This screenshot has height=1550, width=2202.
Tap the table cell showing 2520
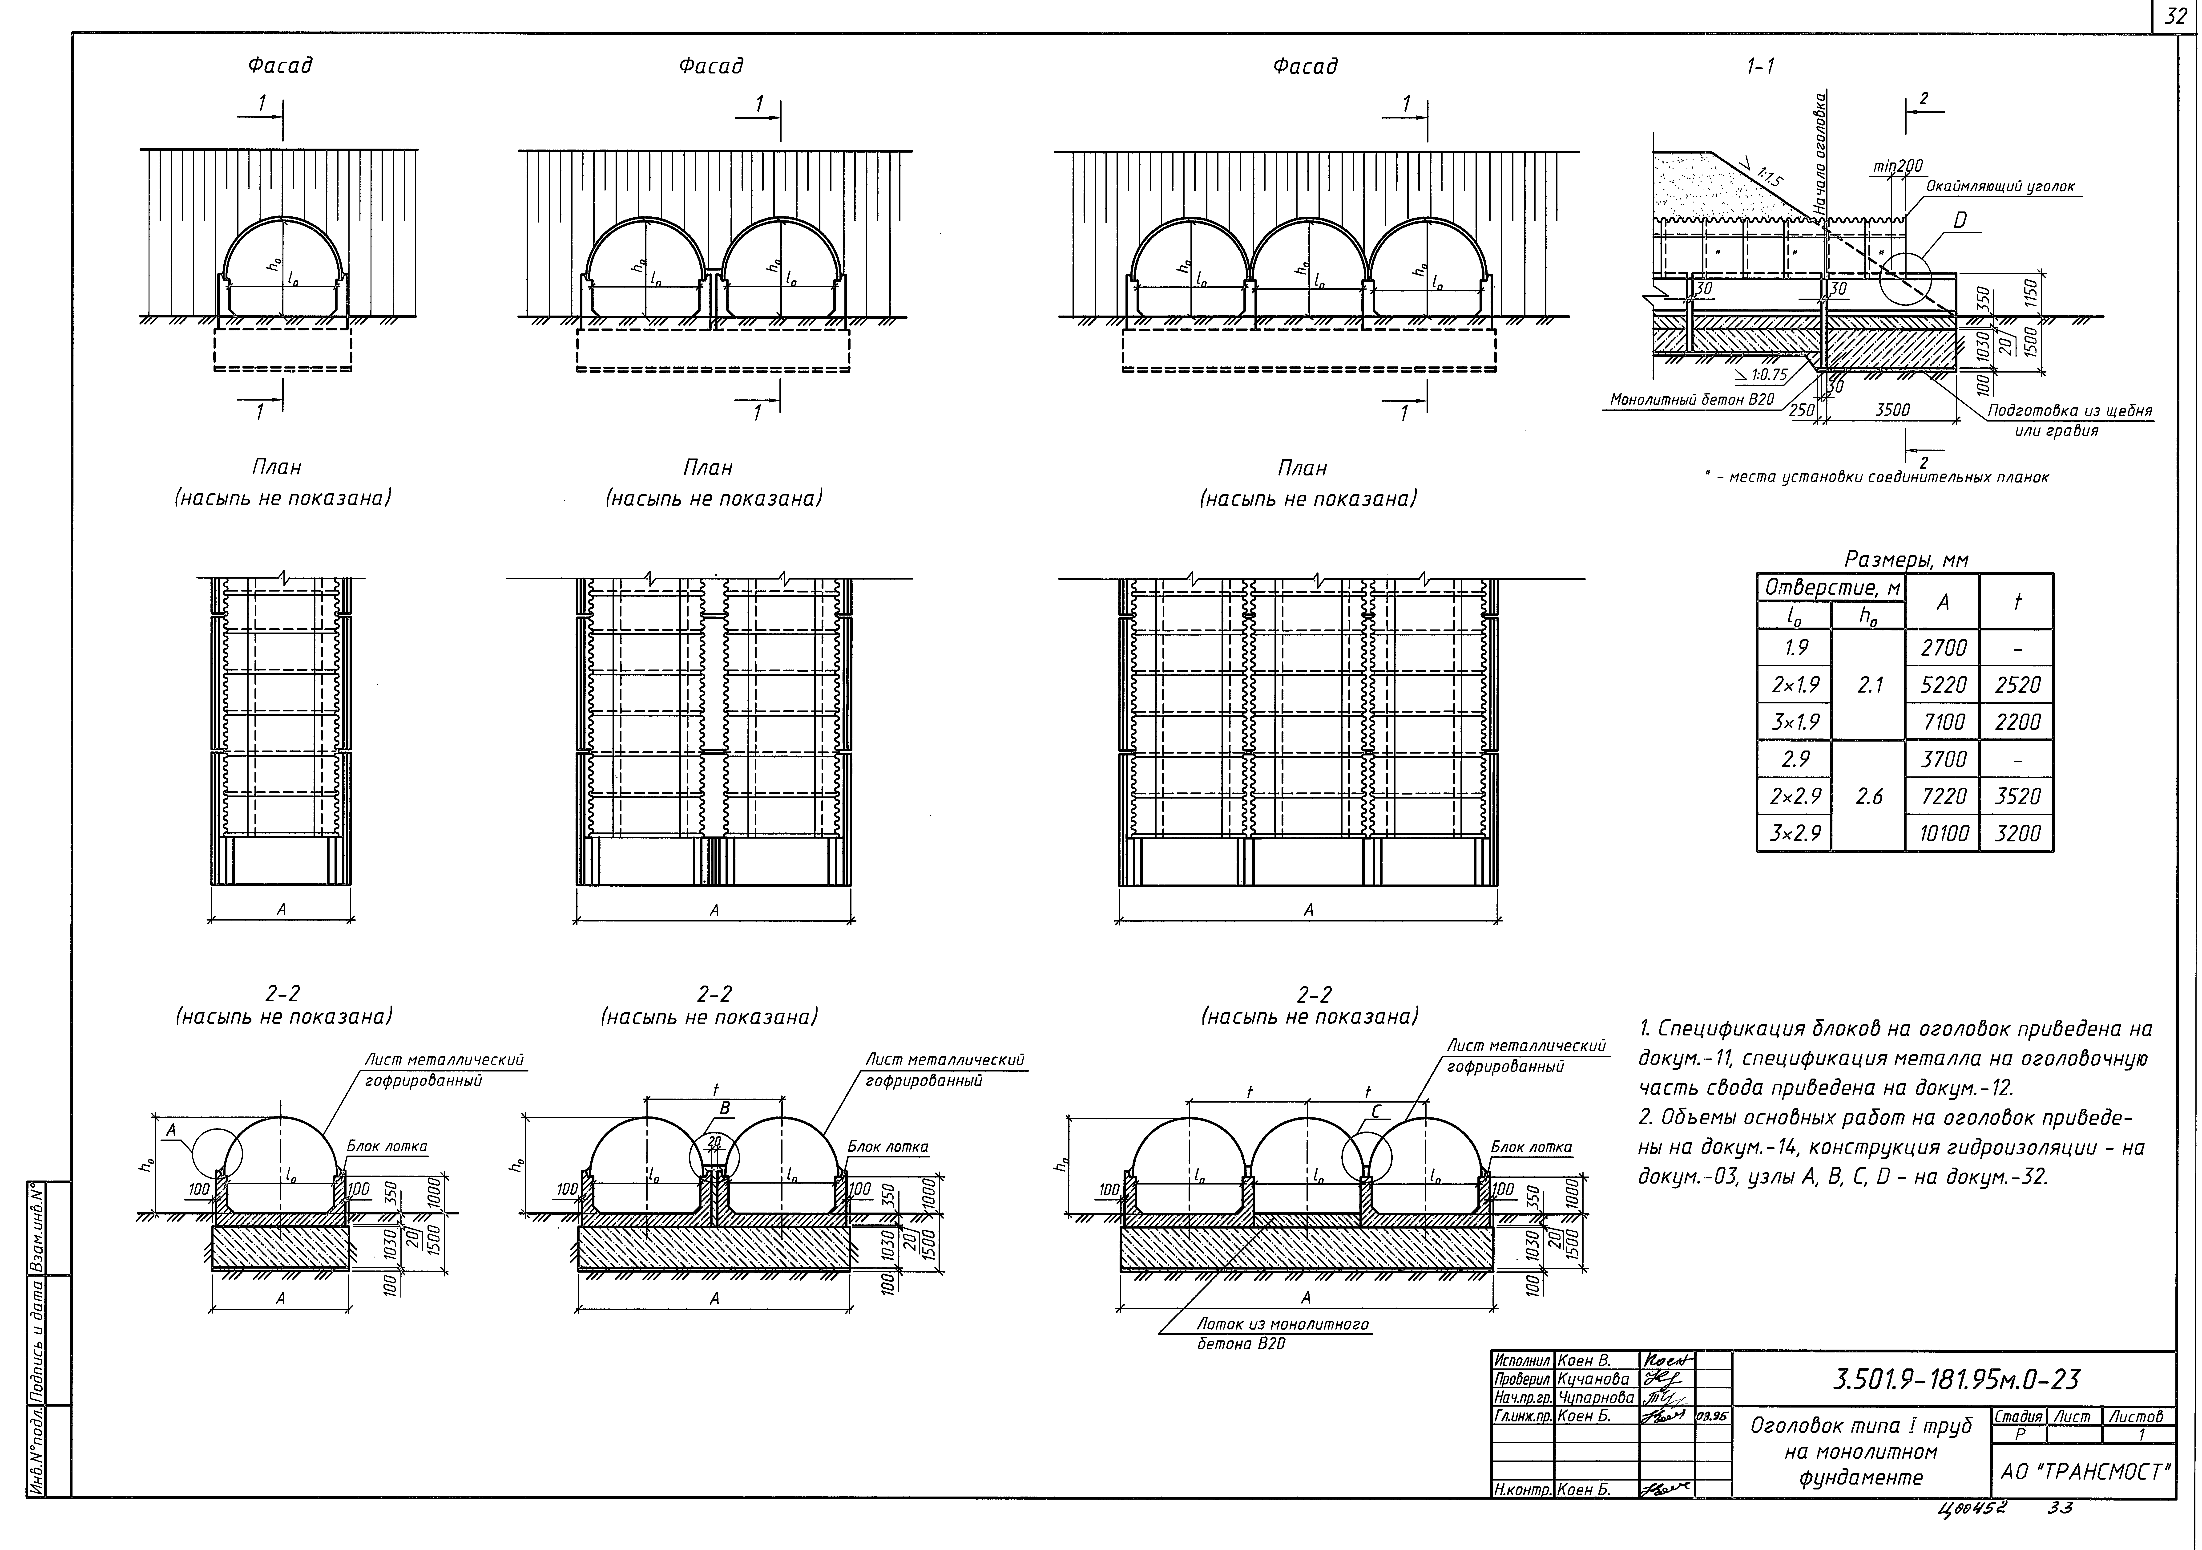pyautogui.click(x=2017, y=685)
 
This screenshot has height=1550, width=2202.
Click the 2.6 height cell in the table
pyautogui.click(x=1869, y=796)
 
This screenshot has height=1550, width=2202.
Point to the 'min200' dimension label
pyautogui.click(x=1898, y=167)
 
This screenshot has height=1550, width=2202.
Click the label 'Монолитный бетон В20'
pyautogui.click(x=1692, y=399)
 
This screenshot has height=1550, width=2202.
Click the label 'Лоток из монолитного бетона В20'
pyautogui.click(x=1282, y=1333)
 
